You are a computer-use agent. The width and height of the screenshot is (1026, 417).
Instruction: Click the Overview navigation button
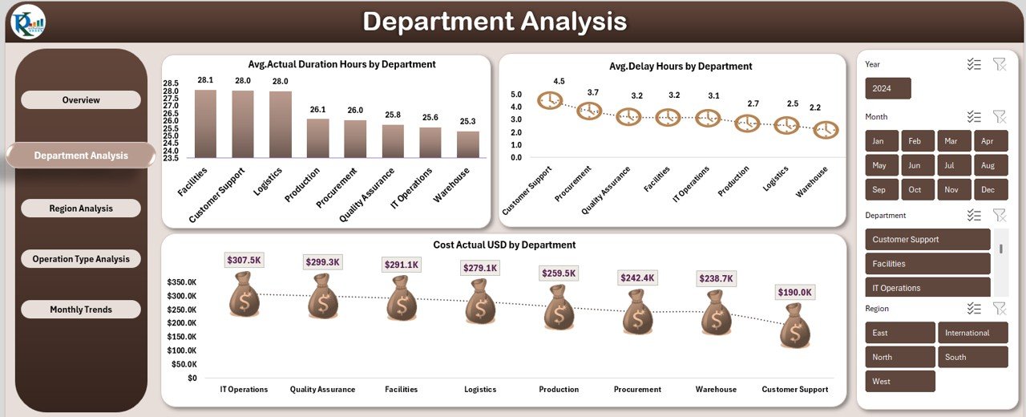pos(81,100)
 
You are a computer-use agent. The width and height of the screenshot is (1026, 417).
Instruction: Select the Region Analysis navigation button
pos(81,208)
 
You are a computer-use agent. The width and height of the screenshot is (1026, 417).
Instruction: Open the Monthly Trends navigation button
pos(81,310)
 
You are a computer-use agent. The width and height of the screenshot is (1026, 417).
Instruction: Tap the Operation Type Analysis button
pos(81,259)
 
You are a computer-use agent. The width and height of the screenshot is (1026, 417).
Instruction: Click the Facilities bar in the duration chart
pos(205,123)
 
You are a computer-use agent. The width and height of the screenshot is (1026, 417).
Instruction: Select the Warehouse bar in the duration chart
pos(468,144)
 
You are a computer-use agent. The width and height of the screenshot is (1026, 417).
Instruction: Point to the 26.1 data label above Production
pos(318,109)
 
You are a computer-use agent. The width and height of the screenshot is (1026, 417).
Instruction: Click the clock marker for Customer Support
pos(550,100)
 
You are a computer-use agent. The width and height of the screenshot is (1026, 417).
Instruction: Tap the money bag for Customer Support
pos(795,326)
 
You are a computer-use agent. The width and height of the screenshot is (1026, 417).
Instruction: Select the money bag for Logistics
pos(479,302)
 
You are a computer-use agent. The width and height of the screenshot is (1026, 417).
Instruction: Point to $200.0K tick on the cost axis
pos(183,323)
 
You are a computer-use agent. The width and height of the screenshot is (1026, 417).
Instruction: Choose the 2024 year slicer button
pos(888,88)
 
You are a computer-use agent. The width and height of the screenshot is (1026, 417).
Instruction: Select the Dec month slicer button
pos(988,190)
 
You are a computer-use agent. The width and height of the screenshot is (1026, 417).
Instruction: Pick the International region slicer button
pos(972,333)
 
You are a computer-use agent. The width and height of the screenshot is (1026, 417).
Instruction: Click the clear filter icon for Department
pos(999,215)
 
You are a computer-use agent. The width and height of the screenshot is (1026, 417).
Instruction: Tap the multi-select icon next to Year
pos(974,64)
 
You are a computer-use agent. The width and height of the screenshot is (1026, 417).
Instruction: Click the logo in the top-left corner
pos(28,22)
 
